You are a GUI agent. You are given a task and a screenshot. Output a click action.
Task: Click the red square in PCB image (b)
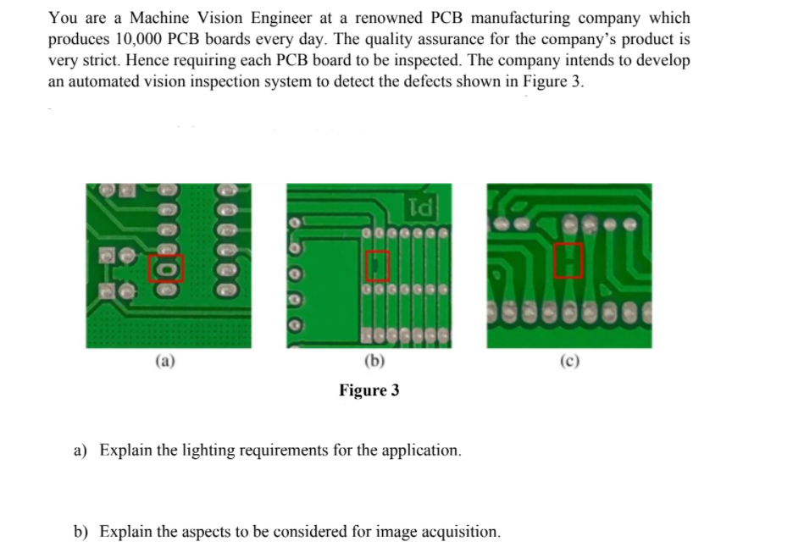point(378,267)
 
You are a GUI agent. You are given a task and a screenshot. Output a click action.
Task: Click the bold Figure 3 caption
point(369,390)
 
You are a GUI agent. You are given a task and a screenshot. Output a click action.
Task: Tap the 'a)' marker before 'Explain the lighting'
point(80,450)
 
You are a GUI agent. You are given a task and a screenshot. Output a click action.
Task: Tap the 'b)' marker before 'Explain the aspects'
point(80,532)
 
